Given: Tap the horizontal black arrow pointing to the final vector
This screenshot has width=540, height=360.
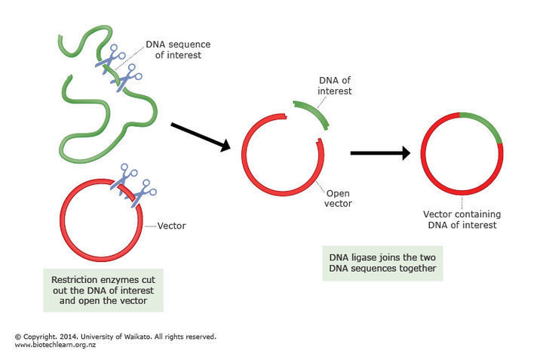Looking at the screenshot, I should point(380,153).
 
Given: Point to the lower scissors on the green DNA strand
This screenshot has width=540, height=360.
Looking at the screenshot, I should point(129,77).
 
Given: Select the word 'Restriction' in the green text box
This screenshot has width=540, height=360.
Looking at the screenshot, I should point(75,279).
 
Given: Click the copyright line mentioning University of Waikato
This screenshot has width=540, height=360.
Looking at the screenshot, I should point(115,337).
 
